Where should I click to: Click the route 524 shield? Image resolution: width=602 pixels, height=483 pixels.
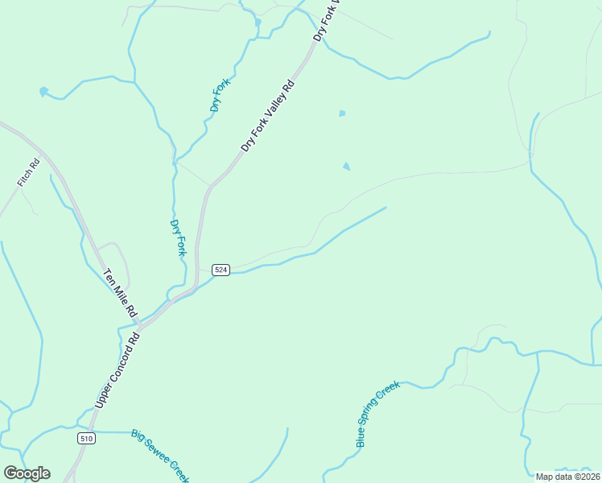(221, 270)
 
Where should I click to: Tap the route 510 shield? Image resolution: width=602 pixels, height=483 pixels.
(87, 439)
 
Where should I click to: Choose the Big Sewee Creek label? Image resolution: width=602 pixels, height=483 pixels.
(159, 456)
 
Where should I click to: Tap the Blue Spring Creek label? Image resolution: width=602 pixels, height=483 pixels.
(377, 414)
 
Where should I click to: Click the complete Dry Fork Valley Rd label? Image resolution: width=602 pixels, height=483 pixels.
(269, 116)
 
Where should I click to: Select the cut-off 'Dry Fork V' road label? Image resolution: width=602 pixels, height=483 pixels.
(328, 20)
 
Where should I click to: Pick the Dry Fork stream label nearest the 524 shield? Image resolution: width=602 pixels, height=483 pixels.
(179, 237)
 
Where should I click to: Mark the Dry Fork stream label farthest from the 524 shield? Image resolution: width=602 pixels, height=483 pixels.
(221, 94)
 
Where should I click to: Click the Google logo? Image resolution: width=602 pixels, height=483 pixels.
(27, 473)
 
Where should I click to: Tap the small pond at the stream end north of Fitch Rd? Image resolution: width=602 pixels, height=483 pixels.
(43, 92)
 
